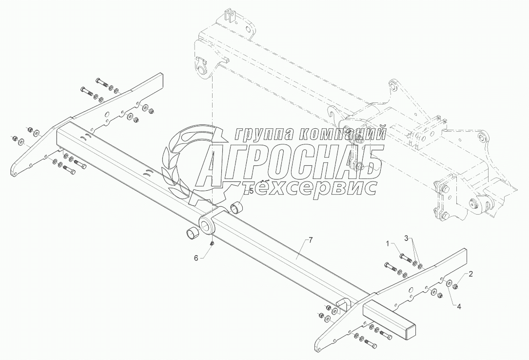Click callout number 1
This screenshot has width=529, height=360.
389,242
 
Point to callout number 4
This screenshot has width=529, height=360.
458,306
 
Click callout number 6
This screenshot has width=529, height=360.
196,258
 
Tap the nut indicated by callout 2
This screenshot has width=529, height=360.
454,287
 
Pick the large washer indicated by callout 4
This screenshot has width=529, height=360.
447,284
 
